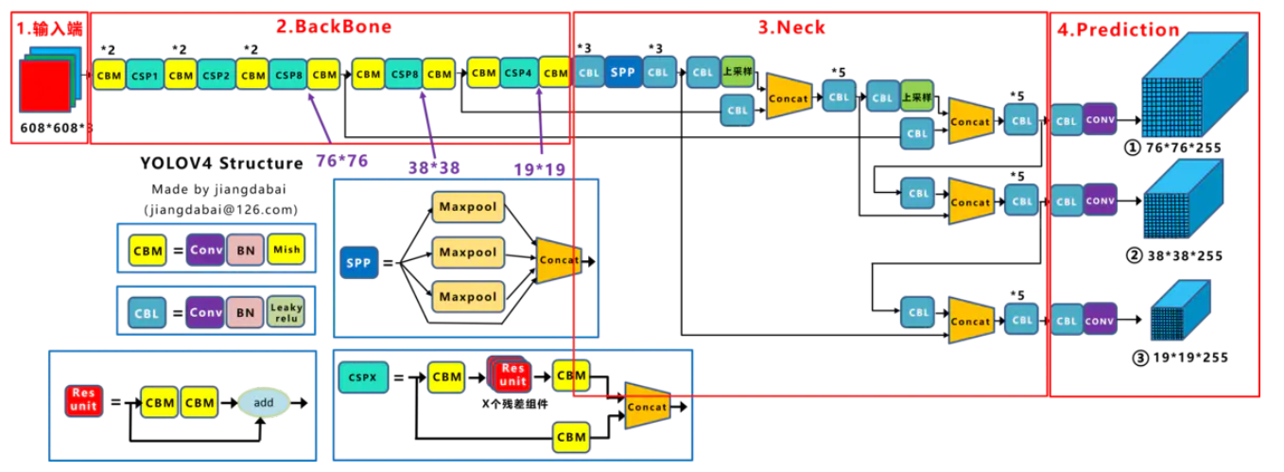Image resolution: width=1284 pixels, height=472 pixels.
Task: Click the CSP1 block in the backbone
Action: click(145, 74)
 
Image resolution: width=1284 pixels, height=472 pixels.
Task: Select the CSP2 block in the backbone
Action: click(217, 74)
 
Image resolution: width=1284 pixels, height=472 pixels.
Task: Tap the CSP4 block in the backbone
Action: click(519, 72)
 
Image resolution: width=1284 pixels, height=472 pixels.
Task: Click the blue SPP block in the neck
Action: click(623, 72)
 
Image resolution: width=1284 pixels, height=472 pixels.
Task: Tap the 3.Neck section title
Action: click(792, 27)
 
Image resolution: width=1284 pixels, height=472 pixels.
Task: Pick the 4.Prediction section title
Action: click(1119, 29)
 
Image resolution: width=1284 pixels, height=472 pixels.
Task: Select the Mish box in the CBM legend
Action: click(286, 250)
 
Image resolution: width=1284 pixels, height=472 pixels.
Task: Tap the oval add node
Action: click(264, 402)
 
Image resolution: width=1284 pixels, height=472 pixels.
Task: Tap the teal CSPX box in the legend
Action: click(362, 377)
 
